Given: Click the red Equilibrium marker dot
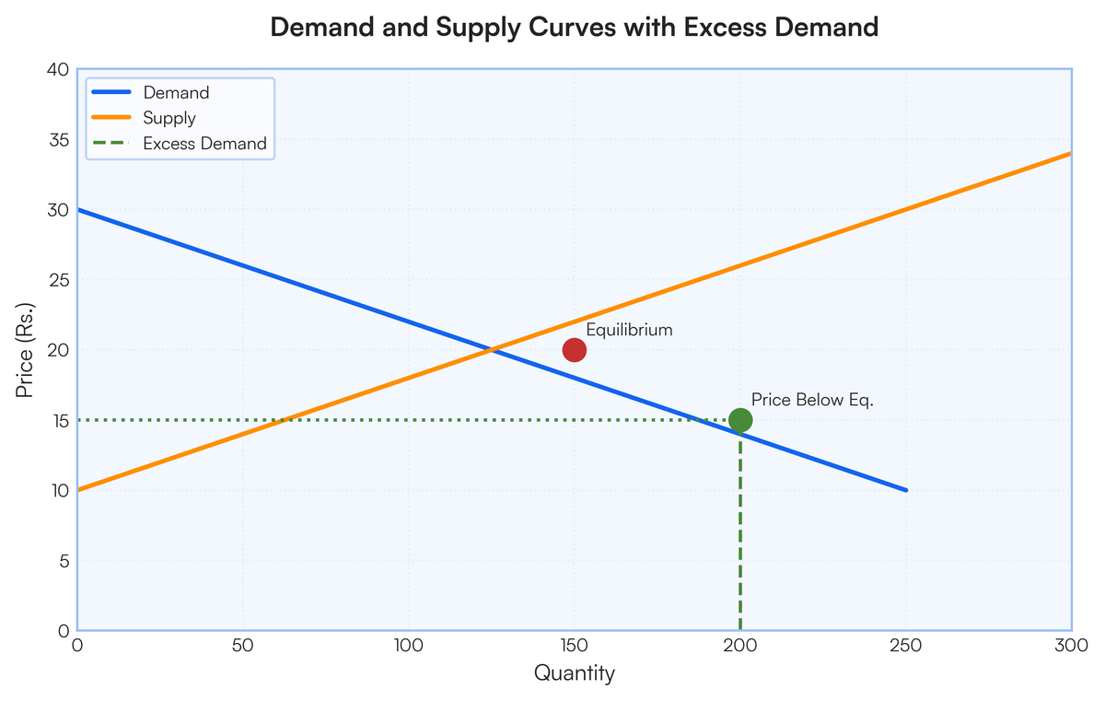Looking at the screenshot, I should [x=574, y=350].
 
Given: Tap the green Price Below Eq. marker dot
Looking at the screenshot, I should [x=739, y=420].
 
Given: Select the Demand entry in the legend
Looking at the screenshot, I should [x=176, y=93].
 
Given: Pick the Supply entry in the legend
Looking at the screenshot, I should [x=169, y=118].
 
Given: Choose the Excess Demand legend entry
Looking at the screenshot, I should [x=204, y=144].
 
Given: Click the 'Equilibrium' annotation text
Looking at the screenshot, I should [x=629, y=330].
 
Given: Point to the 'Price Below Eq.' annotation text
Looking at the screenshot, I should [x=811, y=400].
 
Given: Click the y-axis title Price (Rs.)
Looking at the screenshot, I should [x=25, y=350].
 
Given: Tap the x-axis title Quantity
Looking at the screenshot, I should [x=574, y=673].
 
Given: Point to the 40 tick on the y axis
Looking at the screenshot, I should [x=57, y=70].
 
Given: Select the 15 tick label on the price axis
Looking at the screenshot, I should [x=58, y=421].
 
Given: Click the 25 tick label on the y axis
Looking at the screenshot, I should [x=57, y=281].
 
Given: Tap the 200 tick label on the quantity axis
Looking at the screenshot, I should [x=739, y=645].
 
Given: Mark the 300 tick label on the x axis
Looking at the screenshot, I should [x=1071, y=645].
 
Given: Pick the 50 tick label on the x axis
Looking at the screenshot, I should [x=242, y=645].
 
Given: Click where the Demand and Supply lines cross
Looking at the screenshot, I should [x=492, y=350].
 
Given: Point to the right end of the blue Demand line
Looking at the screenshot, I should [x=905, y=490].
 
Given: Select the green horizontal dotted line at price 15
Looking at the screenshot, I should [x=368, y=420].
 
